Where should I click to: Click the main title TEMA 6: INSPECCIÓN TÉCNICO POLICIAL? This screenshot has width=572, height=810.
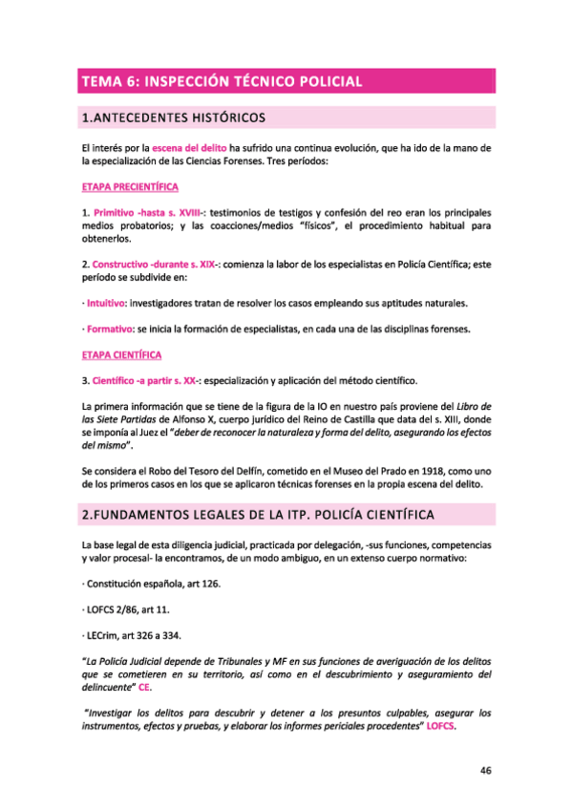(222, 81)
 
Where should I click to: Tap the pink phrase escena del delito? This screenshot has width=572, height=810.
(189, 149)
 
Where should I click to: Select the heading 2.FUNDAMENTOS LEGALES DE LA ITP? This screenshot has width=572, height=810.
(258, 515)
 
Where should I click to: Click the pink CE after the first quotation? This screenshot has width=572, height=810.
(144, 687)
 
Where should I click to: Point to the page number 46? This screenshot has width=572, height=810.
(485, 772)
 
